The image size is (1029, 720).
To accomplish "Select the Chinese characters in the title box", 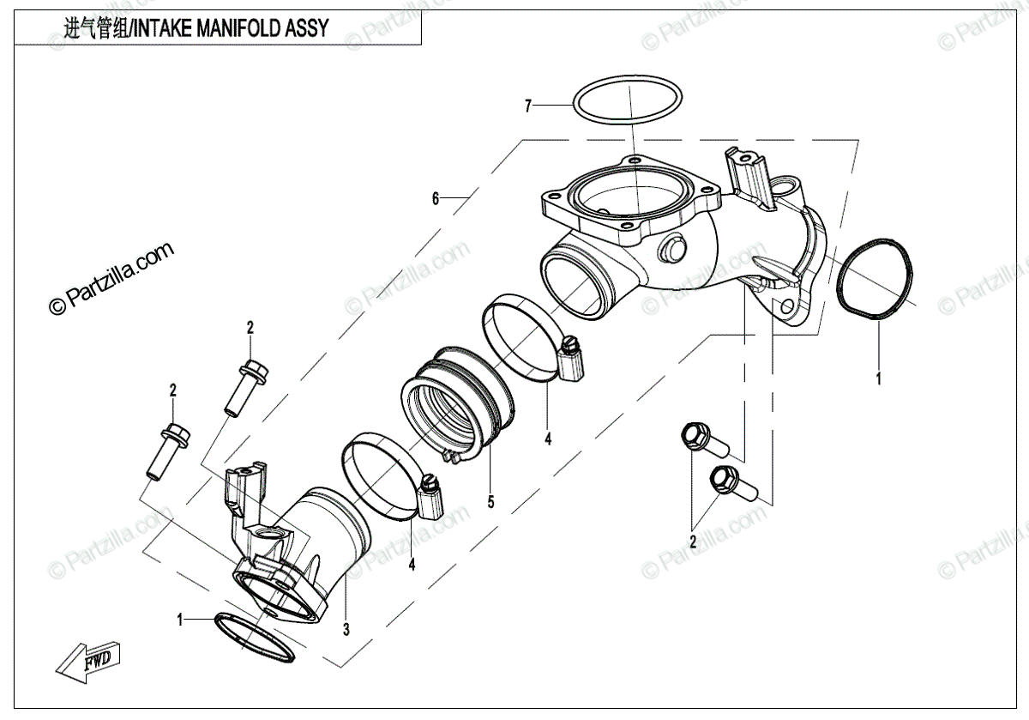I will pyautogui.click(x=94, y=28).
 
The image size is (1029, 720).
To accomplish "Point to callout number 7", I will pyautogui.click(x=529, y=106).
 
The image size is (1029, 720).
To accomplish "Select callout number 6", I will pyautogui.click(x=436, y=199).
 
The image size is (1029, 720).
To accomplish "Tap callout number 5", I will pyautogui.click(x=490, y=503).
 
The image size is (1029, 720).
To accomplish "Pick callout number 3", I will pyautogui.click(x=346, y=630).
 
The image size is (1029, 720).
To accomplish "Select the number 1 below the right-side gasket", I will pyautogui.click(x=877, y=376).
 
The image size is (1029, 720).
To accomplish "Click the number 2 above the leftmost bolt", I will pyautogui.click(x=172, y=390).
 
